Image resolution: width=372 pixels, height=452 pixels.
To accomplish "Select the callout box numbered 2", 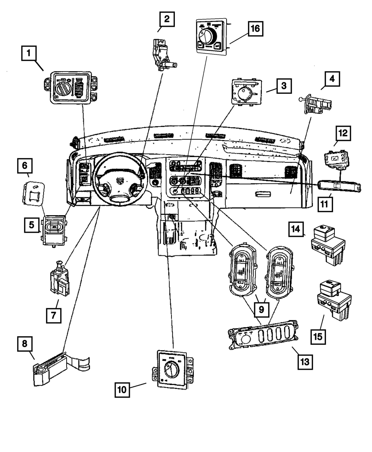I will [x=167, y=19].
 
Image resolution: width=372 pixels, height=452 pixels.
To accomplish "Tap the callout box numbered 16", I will [x=256, y=28].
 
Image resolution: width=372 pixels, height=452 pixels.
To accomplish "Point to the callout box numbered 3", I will [x=284, y=86].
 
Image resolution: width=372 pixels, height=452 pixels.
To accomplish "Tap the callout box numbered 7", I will [x=54, y=315].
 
